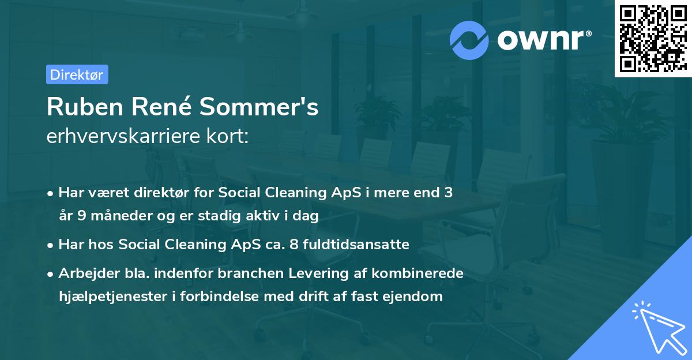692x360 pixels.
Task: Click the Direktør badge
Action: pos(77,74)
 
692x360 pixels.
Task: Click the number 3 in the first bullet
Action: pos(448,193)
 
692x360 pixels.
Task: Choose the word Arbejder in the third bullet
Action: pos(84,273)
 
